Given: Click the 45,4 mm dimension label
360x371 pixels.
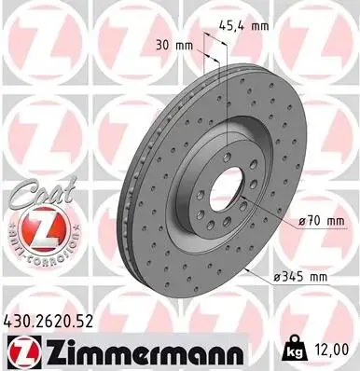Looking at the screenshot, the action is click(243, 26).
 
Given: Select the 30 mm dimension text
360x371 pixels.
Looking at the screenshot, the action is click(174, 46).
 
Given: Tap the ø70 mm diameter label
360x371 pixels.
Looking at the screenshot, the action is click(321, 221).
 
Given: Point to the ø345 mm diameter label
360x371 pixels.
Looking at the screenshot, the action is click(300, 276).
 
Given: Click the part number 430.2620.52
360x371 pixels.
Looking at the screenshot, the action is click(48, 322).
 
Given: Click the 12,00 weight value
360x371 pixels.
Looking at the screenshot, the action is click(330, 350).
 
